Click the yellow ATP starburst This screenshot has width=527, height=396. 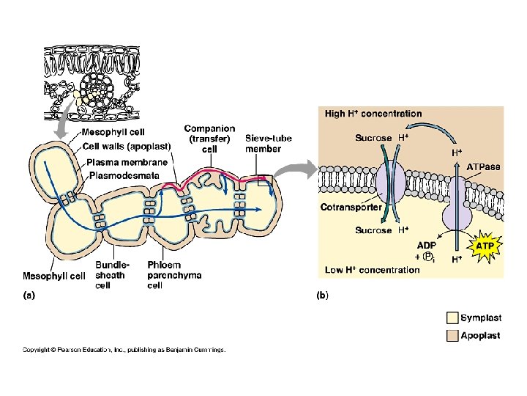(x=484, y=246)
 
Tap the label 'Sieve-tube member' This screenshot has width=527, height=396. (x=263, y=143)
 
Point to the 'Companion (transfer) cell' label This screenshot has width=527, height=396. (x=209, y=139)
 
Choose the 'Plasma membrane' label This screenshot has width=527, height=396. (x=127, y=162)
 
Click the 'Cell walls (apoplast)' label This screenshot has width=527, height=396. (x=127, y=146)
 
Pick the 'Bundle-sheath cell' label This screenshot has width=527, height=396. (x=113, y=274)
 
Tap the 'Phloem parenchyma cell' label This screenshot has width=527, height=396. (x=174, y=274)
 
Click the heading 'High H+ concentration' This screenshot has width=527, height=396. (x=373, y=114)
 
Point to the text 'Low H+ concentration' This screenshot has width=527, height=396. (x=373, y=270)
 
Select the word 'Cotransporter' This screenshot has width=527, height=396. (x=351, y=208)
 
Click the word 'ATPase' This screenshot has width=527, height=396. (x=484, y=167)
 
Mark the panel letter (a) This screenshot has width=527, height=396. (x=29, y=296)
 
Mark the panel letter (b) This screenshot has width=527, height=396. (x=322, y=296)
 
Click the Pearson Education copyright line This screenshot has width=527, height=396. (x=124, y=349)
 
